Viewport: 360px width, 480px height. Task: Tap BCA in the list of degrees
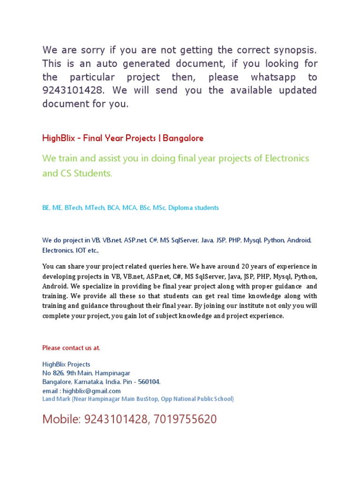click(113, 208)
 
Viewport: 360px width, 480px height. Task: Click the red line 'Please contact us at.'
click(71, 348)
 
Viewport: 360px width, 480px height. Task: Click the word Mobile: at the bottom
click(62, 420)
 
